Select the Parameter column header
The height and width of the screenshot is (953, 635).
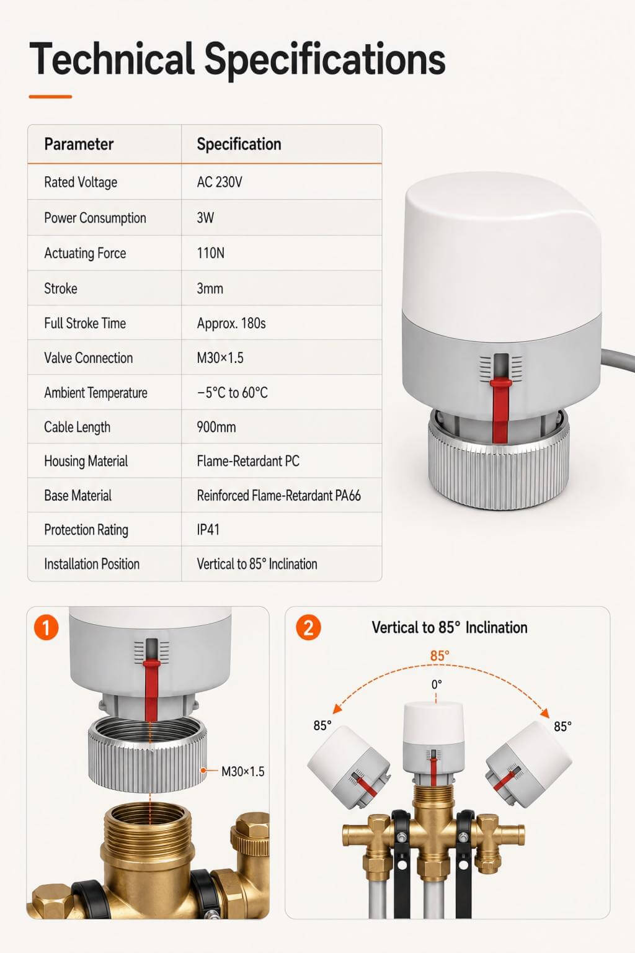[79, 144]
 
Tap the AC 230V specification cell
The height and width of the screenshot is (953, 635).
[220, 182]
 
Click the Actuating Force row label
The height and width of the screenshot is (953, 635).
[85, 253]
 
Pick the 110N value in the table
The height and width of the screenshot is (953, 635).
[211, 253]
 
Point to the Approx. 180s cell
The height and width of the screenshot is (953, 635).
[231, 323]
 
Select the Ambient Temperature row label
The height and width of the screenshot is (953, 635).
[95, 393]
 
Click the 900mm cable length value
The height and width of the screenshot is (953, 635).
[216, 427]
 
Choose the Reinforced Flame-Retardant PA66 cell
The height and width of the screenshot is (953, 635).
[278, 496]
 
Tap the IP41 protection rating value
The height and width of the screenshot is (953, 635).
[208, 530]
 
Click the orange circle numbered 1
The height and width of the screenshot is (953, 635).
[47, 627]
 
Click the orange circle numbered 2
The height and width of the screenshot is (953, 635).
[308, 627]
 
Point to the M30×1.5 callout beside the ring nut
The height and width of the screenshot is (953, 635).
[243, 771]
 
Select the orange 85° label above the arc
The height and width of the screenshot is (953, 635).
[440, 656]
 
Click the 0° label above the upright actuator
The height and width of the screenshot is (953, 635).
[437, 684]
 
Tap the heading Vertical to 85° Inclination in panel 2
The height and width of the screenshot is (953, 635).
[450, 627]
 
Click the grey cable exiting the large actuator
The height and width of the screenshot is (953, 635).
[618, 360]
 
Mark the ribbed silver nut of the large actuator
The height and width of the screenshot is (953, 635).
[499, 462]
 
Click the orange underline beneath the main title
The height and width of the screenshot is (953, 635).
[50, 97]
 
